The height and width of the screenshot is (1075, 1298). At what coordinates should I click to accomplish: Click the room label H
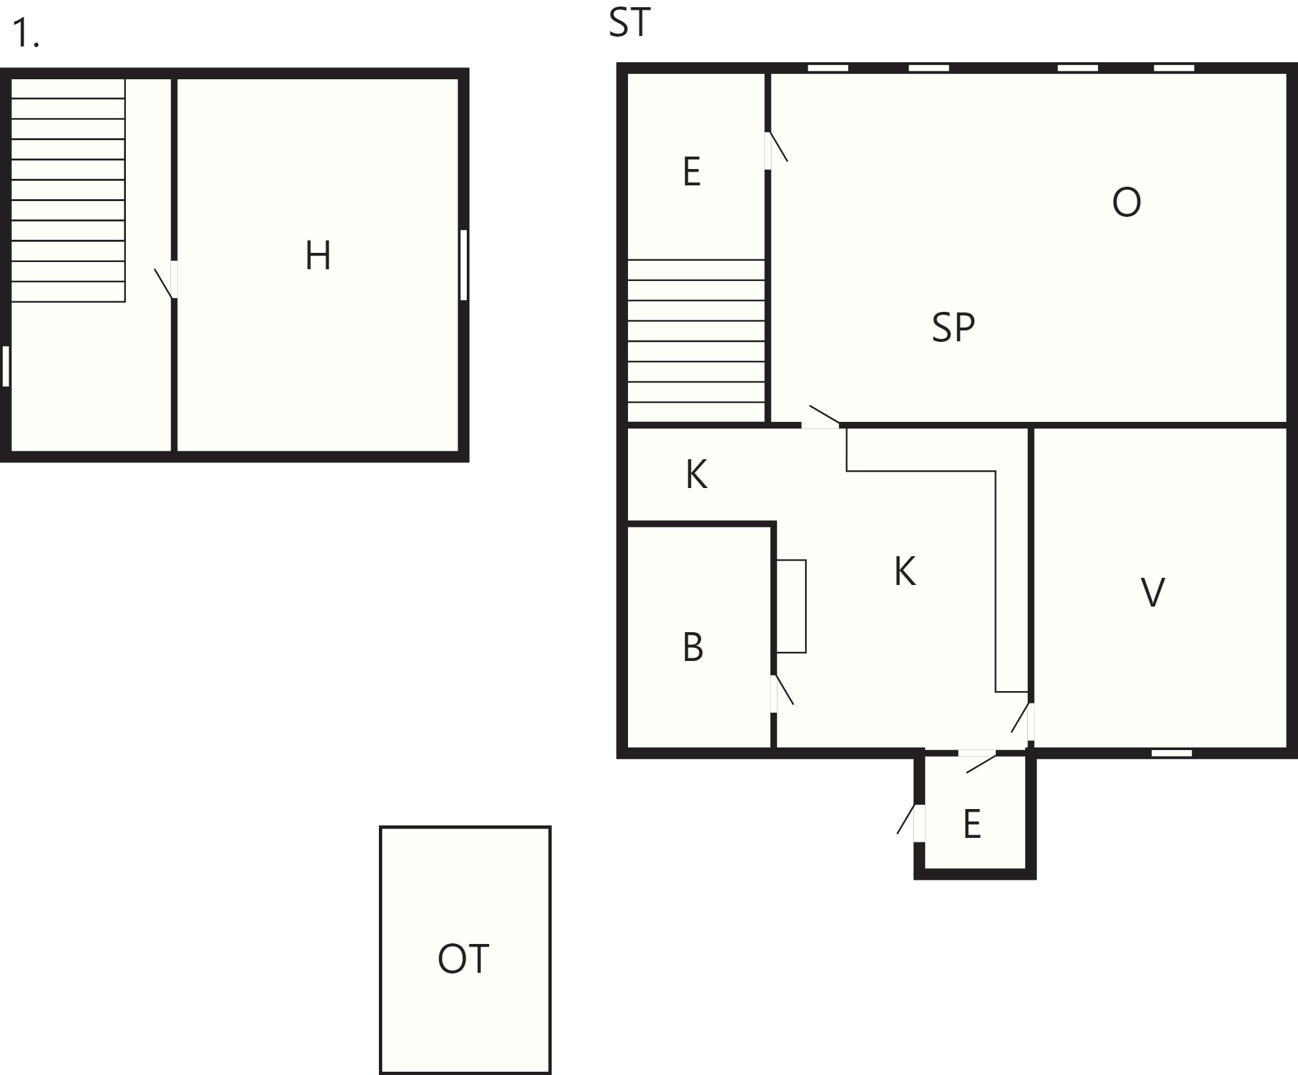318,255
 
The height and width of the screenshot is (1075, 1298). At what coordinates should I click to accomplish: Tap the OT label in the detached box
463,959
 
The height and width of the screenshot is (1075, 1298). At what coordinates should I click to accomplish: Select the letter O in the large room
1126,202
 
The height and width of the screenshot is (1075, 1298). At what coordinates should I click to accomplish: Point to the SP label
953,328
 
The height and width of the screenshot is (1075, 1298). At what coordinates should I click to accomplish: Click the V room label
1153,592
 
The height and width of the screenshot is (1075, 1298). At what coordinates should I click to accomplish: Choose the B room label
693,647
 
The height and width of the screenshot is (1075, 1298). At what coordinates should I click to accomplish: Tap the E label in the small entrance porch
972,824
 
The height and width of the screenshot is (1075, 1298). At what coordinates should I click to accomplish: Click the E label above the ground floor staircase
692,172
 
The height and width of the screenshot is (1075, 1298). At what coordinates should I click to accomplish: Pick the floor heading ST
629,22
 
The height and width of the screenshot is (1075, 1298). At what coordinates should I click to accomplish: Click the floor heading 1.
26,33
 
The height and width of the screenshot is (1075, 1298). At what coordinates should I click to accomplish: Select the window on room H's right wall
463,265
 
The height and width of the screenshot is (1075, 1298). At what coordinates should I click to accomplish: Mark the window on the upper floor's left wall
6,366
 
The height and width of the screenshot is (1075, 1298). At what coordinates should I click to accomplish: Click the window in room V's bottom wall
1172,753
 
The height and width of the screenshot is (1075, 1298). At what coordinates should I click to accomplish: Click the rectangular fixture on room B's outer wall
791,607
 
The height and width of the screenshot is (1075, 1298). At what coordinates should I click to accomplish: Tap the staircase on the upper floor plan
68,190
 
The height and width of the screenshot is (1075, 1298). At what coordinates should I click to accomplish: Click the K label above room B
696,475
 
